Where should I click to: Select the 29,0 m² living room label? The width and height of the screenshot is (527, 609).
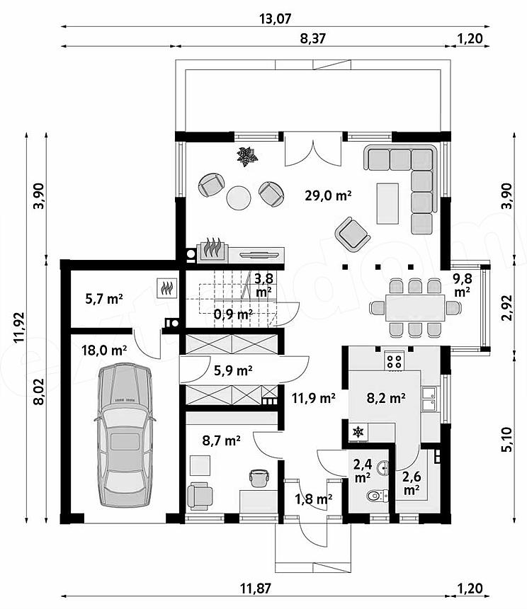coord(328,195)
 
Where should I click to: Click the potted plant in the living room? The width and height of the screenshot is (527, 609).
coord(247,156)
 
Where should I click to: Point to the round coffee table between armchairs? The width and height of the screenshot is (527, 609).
coord(239,198)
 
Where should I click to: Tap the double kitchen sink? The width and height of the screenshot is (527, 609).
coord(429,399)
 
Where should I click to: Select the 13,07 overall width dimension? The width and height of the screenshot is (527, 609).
coord(275,18)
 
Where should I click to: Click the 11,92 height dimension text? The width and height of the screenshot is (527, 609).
coord(19,327)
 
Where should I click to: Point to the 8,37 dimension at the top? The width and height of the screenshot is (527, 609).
coord(312,38)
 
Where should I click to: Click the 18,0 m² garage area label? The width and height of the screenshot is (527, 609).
coord(104,351)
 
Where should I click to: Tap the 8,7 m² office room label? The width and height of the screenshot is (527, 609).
coord(222,440)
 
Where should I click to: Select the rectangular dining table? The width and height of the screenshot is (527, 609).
coord(415,307)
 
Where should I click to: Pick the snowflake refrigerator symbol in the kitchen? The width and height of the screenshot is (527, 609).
coord(358,432)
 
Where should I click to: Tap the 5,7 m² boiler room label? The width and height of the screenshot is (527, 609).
coord(104,299)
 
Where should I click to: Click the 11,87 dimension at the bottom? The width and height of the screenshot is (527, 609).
coord(255,588)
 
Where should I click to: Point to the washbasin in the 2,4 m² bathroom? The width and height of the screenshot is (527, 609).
coord(384,467)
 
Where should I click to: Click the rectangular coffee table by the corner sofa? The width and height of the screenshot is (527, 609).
coord(387,203)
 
